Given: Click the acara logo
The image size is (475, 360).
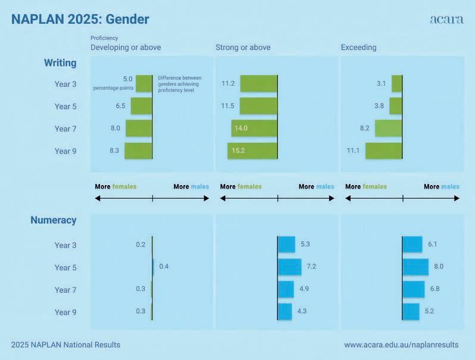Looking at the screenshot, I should coord(446,19).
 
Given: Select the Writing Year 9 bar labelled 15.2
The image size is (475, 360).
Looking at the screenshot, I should coord(252,151).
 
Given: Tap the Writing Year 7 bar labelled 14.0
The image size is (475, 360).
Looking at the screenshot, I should coord(254,129).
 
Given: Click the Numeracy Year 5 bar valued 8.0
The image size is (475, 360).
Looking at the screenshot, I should coord(415,267).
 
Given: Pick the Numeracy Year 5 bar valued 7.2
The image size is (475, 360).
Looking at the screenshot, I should coord(290,267).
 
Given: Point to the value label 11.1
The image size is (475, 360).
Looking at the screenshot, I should coord(352,151).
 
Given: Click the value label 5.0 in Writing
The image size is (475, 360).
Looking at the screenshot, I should coord(127,79).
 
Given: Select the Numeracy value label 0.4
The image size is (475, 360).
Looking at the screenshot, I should coord(164,267).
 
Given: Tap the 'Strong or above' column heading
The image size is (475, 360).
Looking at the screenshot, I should coord(243,48).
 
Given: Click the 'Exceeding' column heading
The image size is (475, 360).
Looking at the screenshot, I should coord(358,48).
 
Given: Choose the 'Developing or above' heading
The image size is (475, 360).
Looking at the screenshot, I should coord(125,48).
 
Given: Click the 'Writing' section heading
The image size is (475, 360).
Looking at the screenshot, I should coord(60,62).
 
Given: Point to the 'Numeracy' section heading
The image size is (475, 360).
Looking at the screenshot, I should coord(54,220).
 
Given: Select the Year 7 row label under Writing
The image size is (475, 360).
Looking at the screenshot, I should coord(65,129).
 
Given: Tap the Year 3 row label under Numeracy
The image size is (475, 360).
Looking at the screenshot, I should coord(65,245).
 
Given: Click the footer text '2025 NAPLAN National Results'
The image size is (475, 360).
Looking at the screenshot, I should coord(65,345).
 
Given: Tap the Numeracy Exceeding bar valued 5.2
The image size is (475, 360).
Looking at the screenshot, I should coord(411,311).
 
